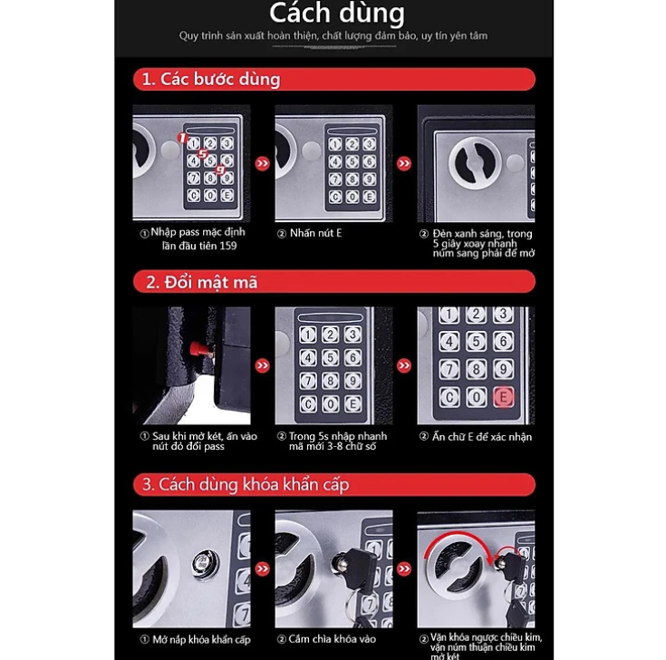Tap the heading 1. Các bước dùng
(x=211, y=79)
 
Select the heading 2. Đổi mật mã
(x=201, y=282)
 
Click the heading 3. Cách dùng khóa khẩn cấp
(x=246, y=484)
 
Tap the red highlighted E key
(x=503, y=397)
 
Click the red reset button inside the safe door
(x=197, y=350)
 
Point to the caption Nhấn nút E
(x=309, y=233)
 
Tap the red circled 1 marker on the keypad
(x=181, y=139)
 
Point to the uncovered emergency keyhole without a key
(x=205, y=564)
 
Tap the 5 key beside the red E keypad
(x=476, y=341)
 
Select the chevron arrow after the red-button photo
(x=263, y=365)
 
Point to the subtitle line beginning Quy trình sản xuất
(x=334, y=36)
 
